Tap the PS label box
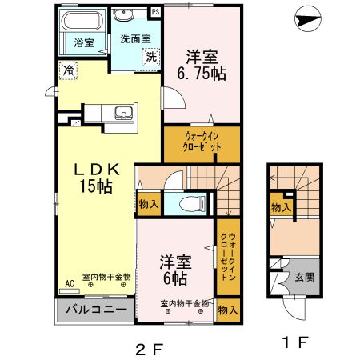point(156,12)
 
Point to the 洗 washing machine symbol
point(151,57)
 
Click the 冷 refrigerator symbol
point(68,70)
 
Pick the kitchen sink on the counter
point(123,113)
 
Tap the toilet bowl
point(192,204)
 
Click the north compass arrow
point(308,19)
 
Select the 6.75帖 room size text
point(202,74)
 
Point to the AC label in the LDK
point(70,284)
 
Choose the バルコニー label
point(96,310)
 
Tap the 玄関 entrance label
point(305,278)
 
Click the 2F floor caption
point(150,349)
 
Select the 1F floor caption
point(295,342)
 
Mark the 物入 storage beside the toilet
point(149,205)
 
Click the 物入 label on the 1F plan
point(281,207)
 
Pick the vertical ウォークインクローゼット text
point(228,257)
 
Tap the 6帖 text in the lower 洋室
point(175,279)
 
